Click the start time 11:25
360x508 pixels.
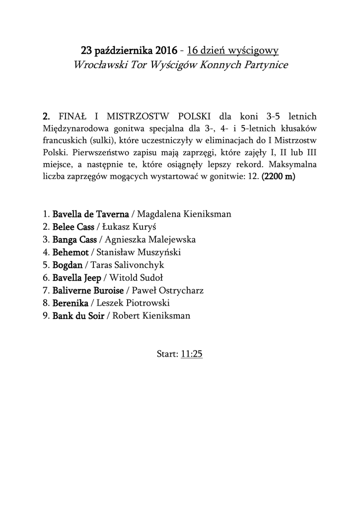click(192, 354)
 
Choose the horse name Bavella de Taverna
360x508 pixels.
click(91, 214)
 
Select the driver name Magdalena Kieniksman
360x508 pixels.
click(184, 214)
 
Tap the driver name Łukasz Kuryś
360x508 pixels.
click(122, 227)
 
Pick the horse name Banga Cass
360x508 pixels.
click(75, 240)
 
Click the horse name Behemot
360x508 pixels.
click(71, 253)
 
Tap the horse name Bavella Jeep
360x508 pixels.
click(77, 277)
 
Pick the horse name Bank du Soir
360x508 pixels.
click(78, 316)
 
